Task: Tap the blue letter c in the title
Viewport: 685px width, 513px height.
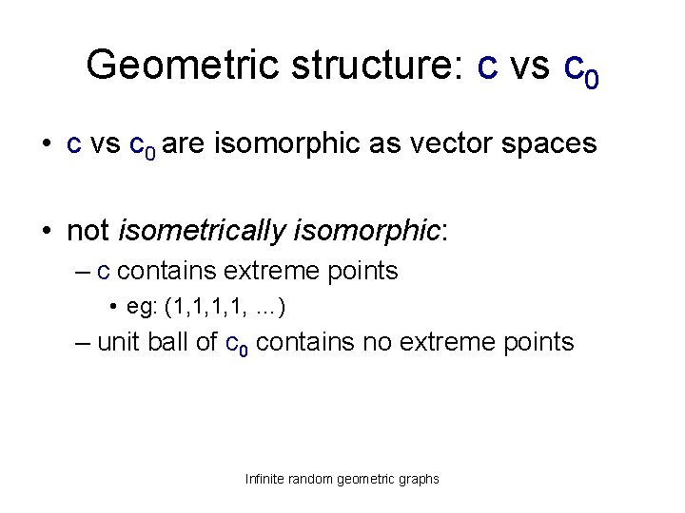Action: pyautogui.click(x=487, y=66)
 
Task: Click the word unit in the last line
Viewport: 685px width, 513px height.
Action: pyautogui.click(x=118, y=342)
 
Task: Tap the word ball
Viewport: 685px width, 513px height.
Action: pyautogui.click(x=169, y=342)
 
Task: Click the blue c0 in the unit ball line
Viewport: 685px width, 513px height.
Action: pyautogui.click(x=237, y=343)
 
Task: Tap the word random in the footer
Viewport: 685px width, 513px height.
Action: pyautogui.click(x=315, y=479)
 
